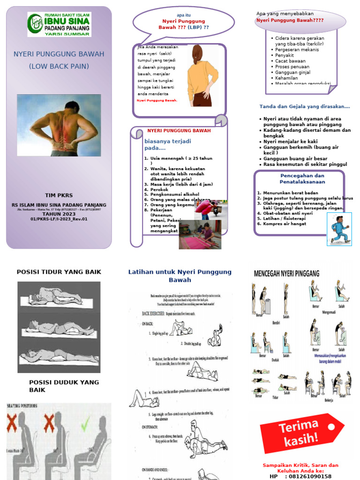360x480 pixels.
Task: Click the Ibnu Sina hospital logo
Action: pyautogui.click(x=59, y=24)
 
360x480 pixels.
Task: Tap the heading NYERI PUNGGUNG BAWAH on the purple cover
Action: pyautogui.click(x=59, y=54)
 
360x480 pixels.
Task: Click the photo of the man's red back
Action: pyautogui.click(x=59, y=125)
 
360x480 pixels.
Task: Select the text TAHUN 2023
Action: pyautogui.click(x=59, y=214)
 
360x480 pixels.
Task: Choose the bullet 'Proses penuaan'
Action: pyautogui.click(x=292, y=67)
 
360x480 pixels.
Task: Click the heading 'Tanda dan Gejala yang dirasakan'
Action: pyautogui.click(x=305, y=106)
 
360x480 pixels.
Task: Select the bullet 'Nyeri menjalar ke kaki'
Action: pyautogui.click(x=290, y=141)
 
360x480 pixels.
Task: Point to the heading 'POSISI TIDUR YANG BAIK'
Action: pyautogui.click(x=59, y=272)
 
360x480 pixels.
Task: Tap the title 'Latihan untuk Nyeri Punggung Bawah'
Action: pyautogui.click(x=180, y=276)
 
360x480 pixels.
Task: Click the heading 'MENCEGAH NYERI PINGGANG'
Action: pyautogui.click(x=286, y=273)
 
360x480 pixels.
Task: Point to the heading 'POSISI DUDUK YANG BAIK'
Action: pyautogui.click(x=64, y=386)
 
